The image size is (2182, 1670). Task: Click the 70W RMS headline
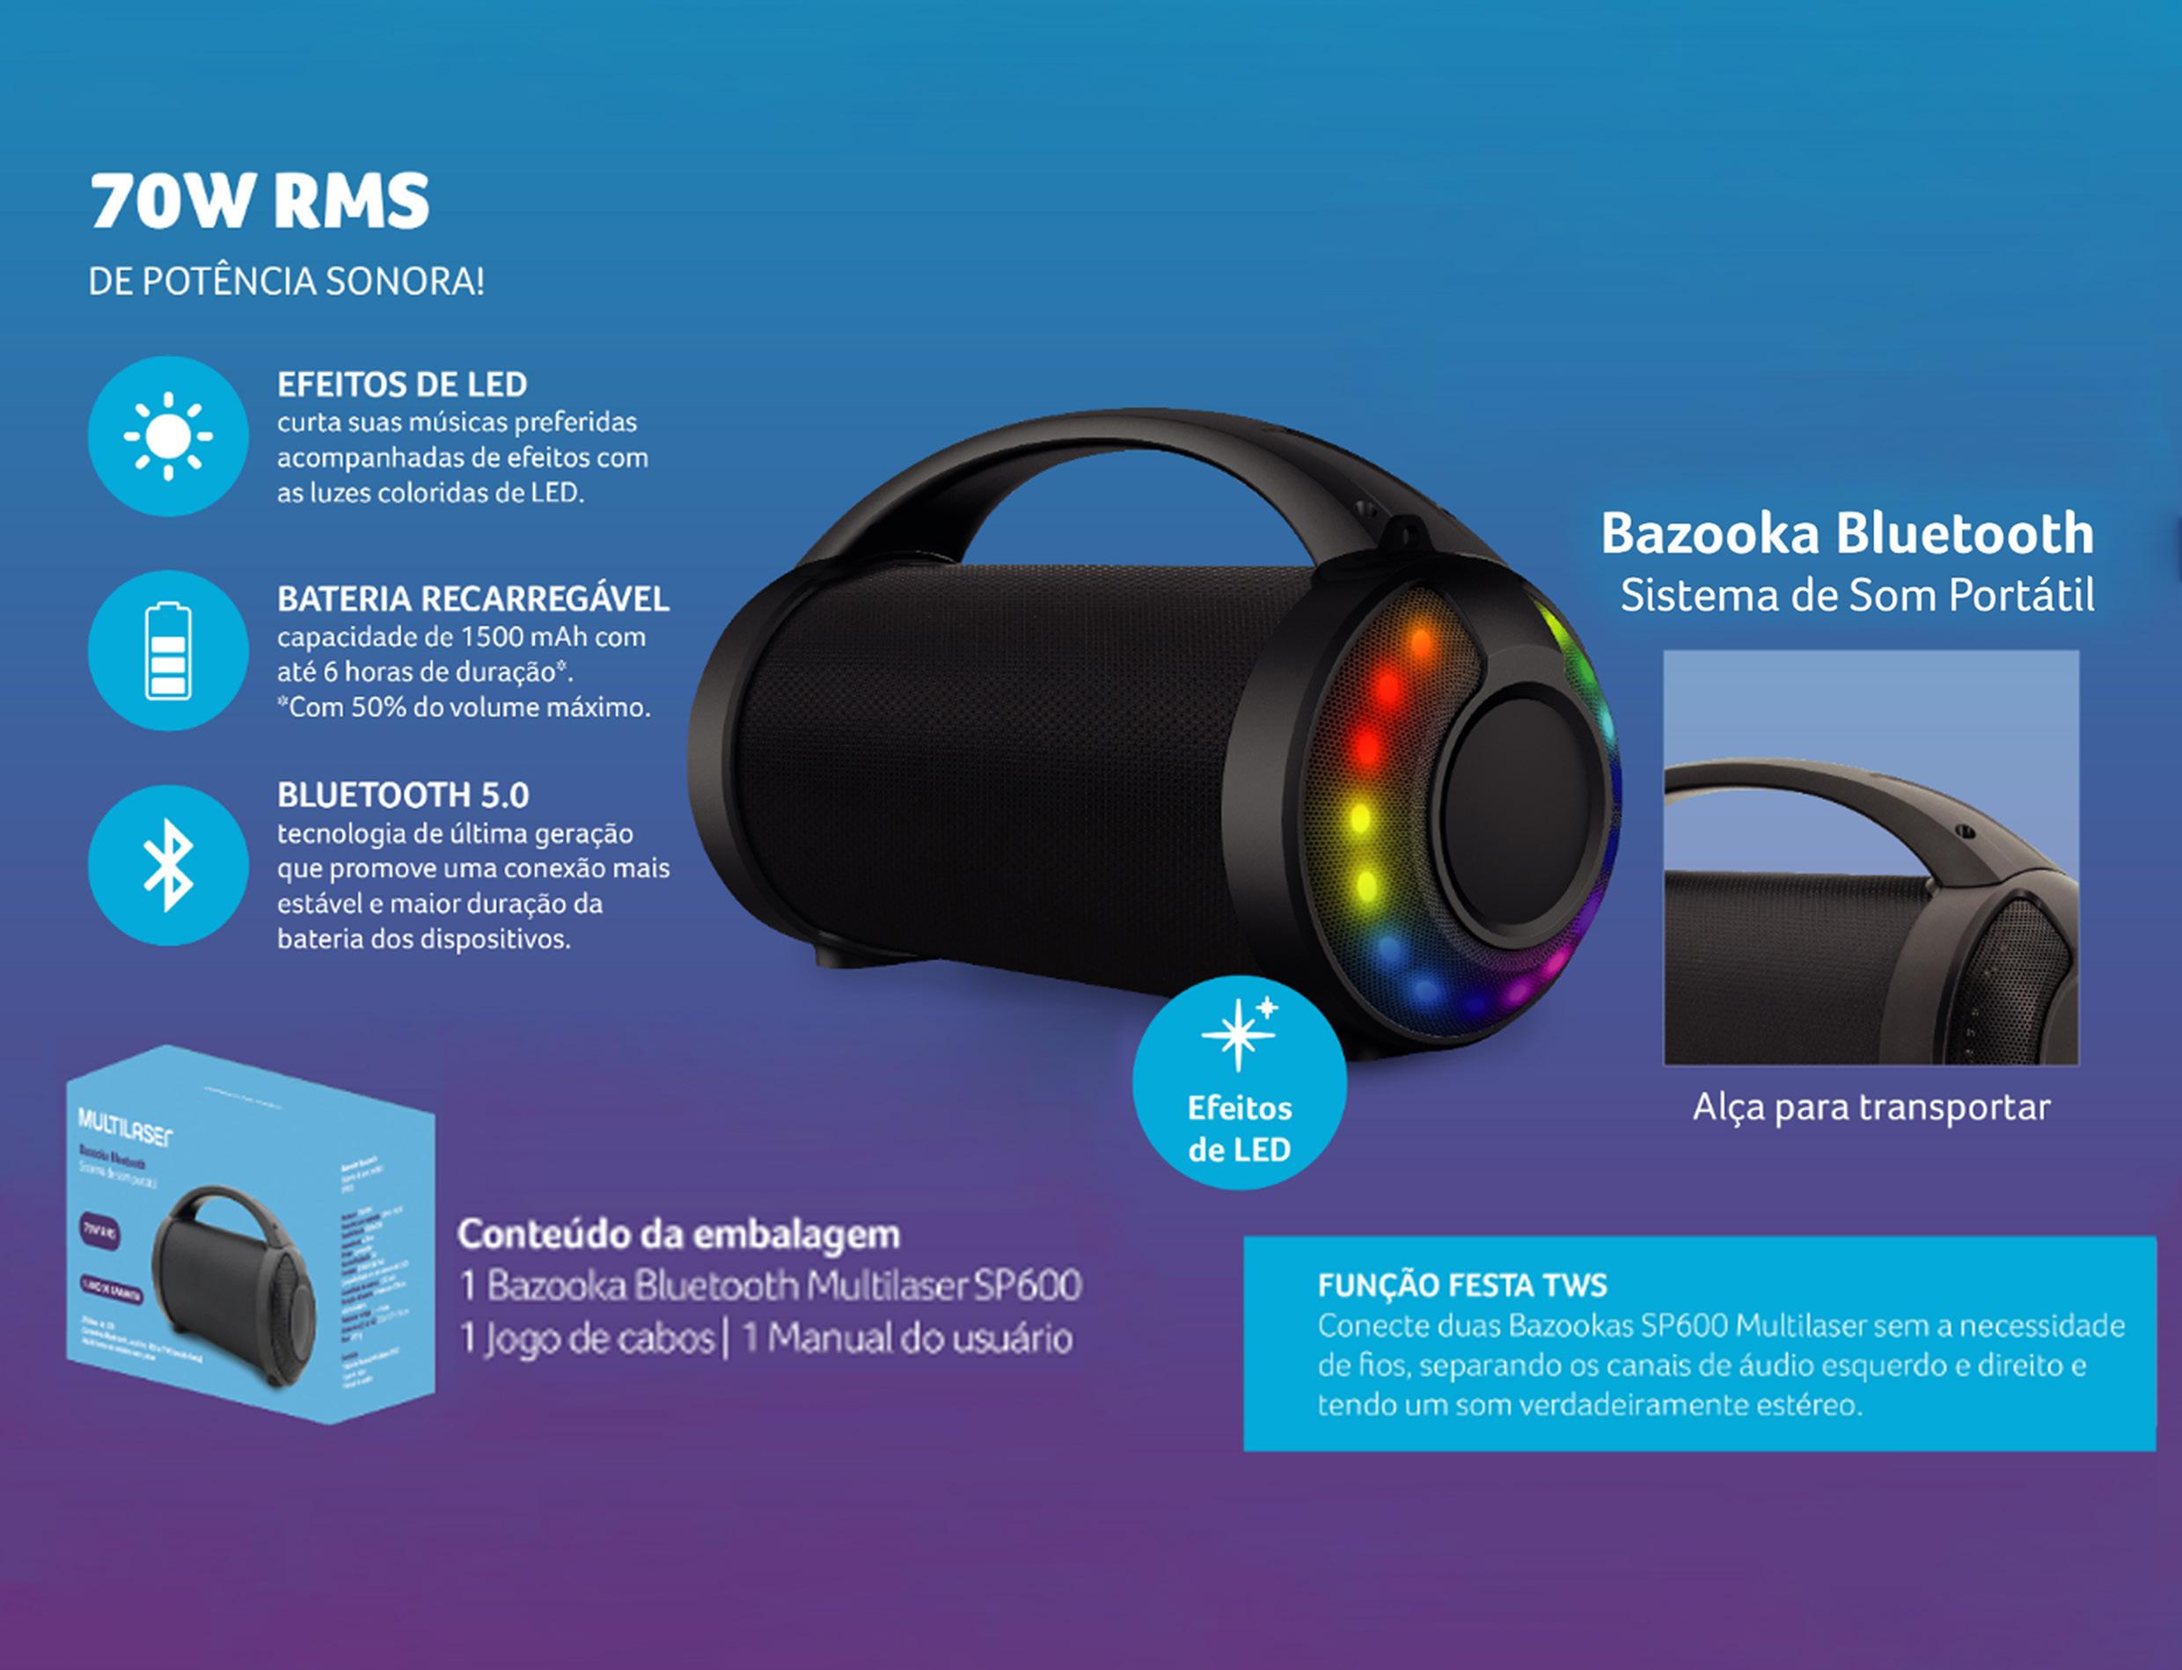point(260,201)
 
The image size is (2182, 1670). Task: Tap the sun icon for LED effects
point(168,436)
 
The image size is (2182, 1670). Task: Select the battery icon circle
point(168,650)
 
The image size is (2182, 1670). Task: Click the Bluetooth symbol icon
point(168,865)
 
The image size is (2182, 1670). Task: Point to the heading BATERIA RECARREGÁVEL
point(472,599)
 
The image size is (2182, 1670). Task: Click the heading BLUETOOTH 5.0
point(403,795)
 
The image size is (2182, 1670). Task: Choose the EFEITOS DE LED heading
point(401,385)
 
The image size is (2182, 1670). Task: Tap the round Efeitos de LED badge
point(1239,1083)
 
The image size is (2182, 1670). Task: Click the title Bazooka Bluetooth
point(1847,534)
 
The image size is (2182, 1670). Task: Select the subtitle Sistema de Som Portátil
point(1857,597)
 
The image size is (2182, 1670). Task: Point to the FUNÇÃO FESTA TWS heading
point(1461,1285)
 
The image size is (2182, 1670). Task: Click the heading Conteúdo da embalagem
point(678,1234)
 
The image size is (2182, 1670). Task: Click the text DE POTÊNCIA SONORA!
point(286,282)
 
